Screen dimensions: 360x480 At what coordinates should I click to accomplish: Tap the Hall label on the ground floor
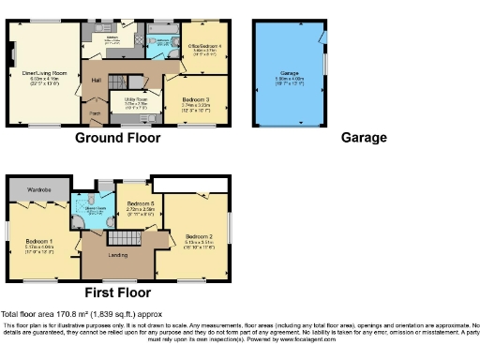(97, 81)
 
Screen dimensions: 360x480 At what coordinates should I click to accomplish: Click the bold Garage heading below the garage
(363, 138)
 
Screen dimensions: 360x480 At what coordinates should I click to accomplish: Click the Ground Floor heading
(117, 138)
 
